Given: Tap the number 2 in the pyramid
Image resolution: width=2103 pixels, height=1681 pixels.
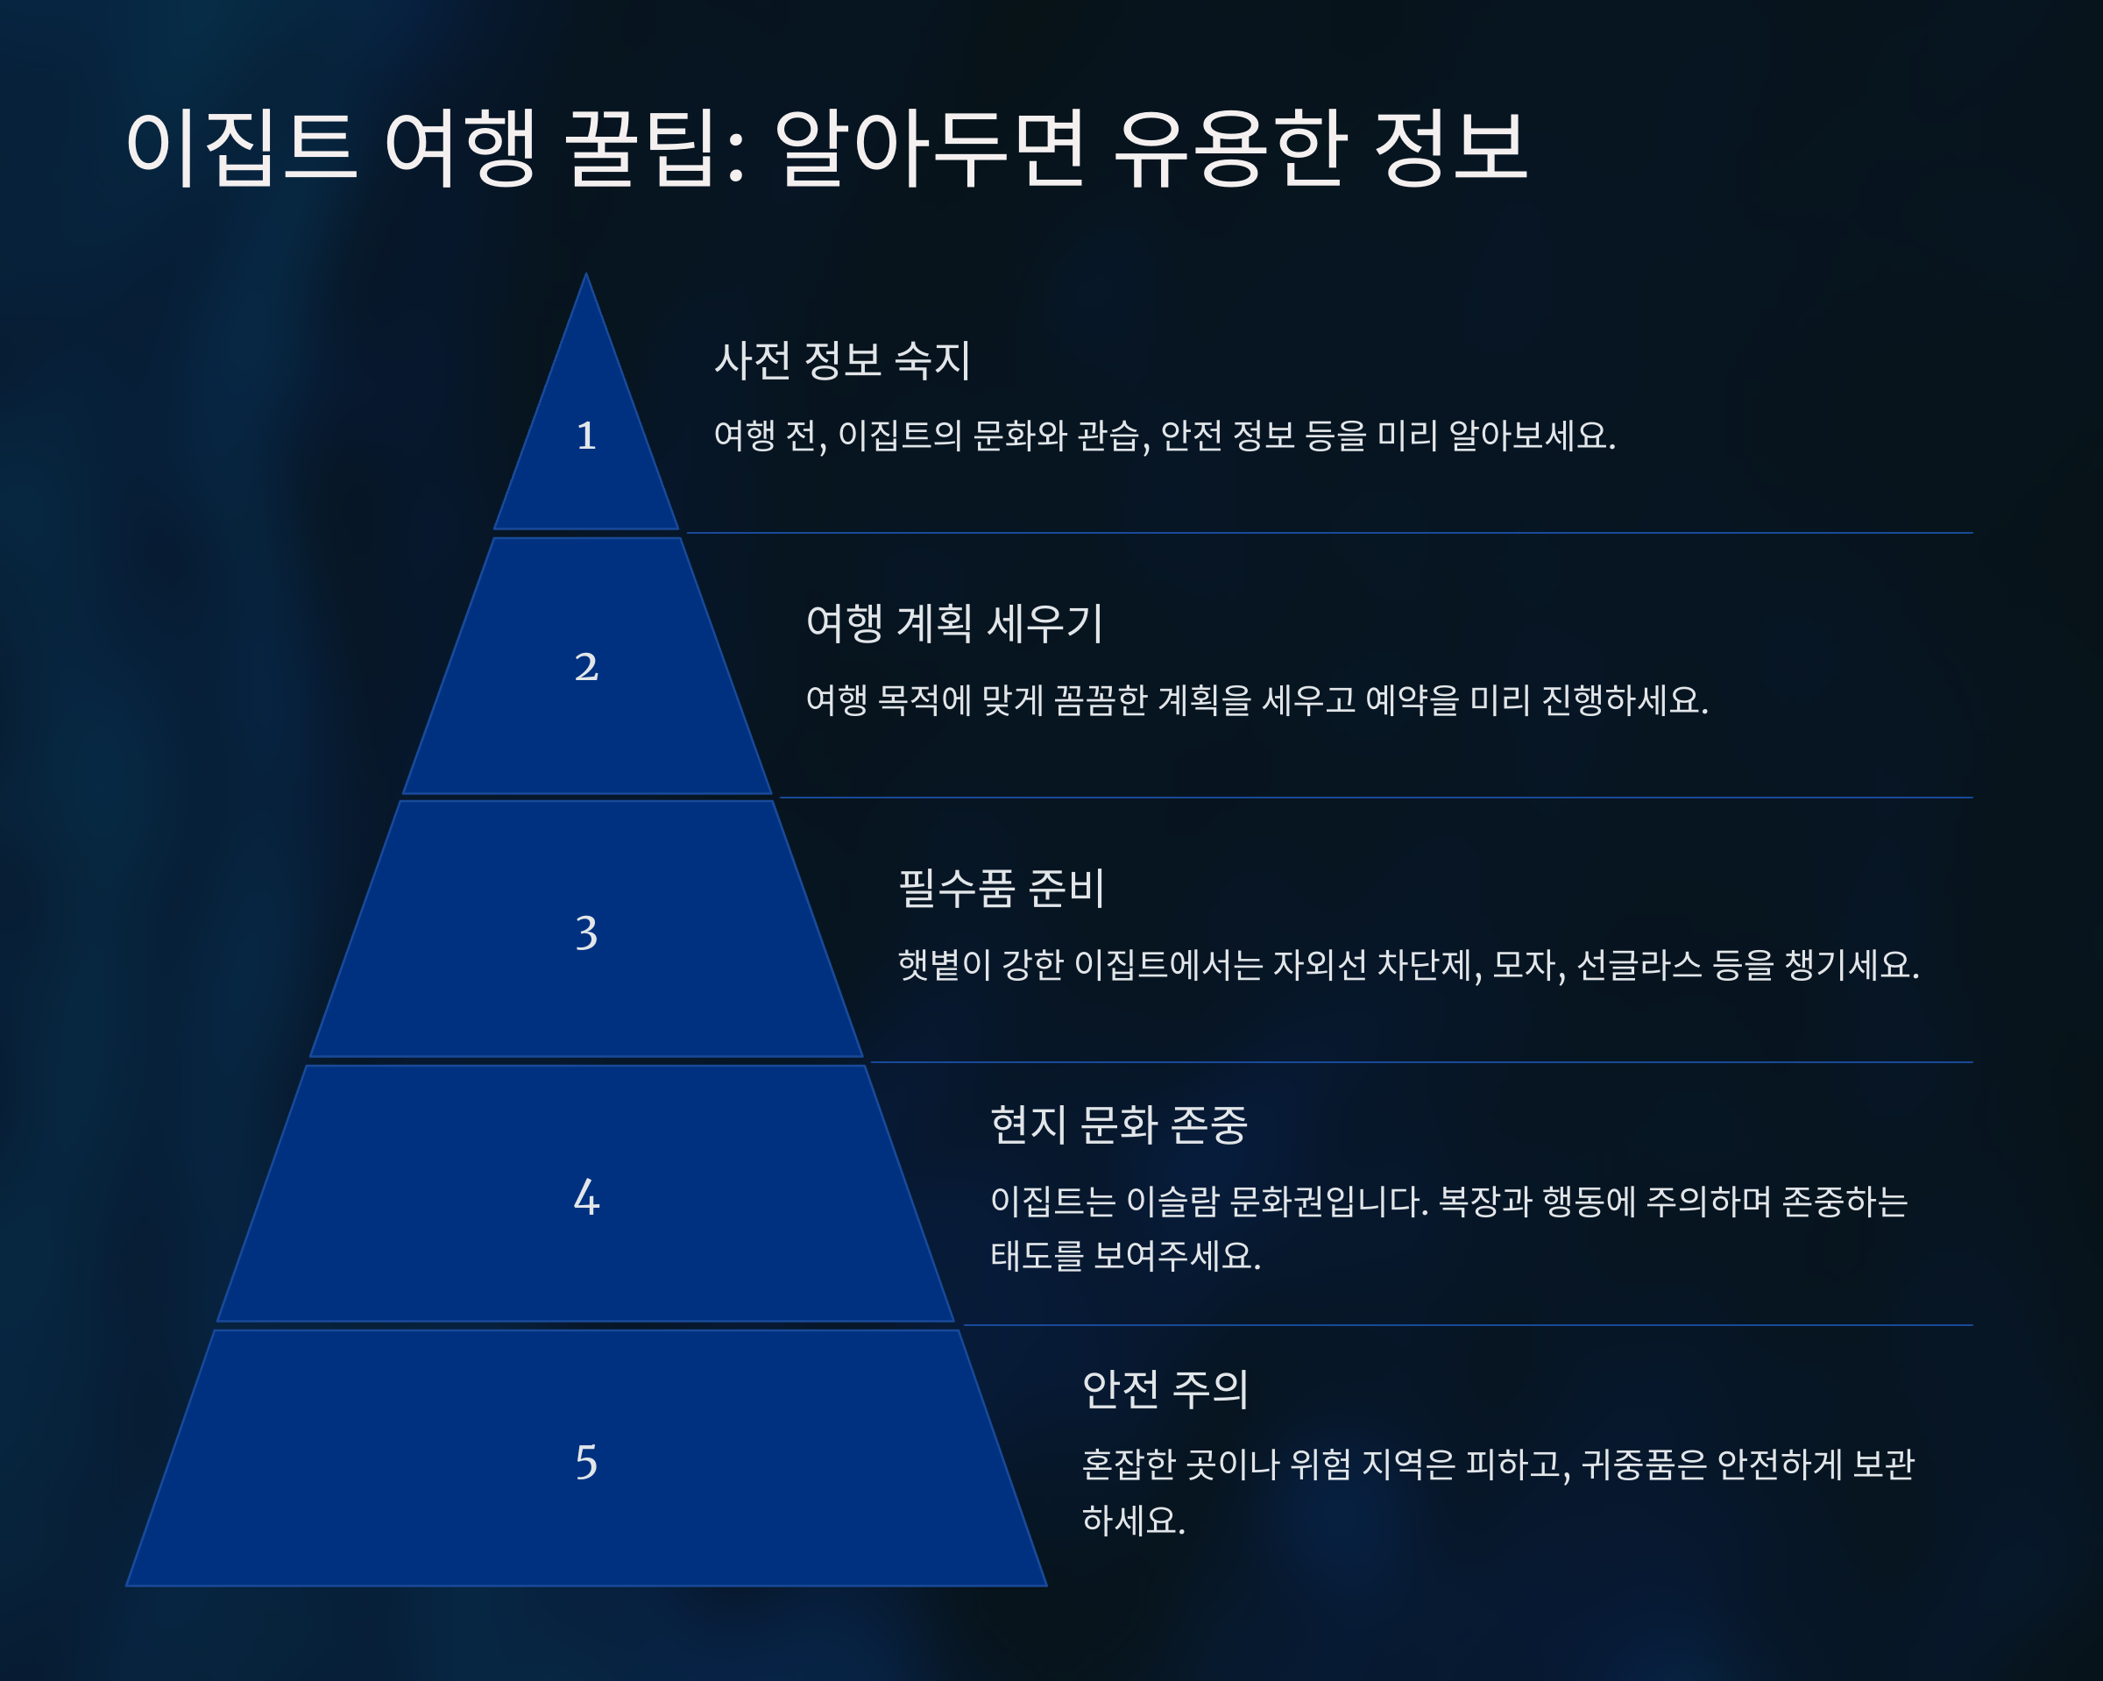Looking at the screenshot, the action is [x=585, y=667].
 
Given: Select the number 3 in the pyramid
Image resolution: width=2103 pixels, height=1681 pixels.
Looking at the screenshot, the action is [x=585, y=933].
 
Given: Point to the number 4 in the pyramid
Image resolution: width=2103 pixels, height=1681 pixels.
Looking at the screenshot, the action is [x=585, y=1197].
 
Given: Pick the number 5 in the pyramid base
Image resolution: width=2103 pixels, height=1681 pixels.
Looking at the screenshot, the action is [x=585, y=1462].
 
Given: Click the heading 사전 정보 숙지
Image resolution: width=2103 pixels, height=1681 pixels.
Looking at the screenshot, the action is [x=842, y=360].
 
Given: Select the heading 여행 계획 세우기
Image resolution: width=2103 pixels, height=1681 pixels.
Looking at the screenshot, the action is [x=954, y=623].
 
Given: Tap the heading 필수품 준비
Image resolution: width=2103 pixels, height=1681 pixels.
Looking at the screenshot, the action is [x=1000, y=889].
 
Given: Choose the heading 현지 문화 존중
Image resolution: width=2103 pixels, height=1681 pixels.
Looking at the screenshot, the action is [x=1118, y=1124].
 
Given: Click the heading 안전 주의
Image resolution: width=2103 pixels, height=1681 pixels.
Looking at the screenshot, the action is [x=1165, y=1388].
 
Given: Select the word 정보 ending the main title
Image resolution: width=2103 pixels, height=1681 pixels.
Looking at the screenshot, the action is [x=1449, y=147].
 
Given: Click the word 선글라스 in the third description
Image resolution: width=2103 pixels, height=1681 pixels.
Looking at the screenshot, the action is [x=1639, y=965].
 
